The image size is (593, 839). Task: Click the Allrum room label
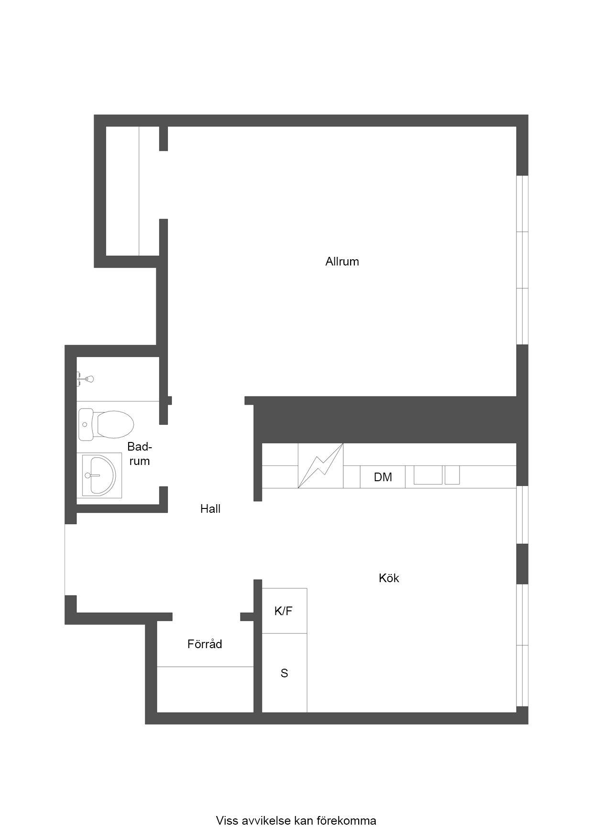click(342, 262)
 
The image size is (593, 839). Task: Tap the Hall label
click(210, 509)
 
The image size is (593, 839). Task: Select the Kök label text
click(389, 578)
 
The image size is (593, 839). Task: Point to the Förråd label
click(205, 644)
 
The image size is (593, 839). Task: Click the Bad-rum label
click(139, 454)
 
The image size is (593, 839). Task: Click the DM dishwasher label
click(383, 477)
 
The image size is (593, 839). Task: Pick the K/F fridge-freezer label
click(284, 611)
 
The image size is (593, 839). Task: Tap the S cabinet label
click(284, 673)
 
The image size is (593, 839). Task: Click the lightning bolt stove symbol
click(320, 465)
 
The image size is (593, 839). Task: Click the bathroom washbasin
click(99, 475)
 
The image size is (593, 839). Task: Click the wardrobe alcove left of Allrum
click(132, 191)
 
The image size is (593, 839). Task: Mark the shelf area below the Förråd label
click(205, 689)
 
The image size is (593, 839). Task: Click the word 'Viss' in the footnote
click(227, 821)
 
